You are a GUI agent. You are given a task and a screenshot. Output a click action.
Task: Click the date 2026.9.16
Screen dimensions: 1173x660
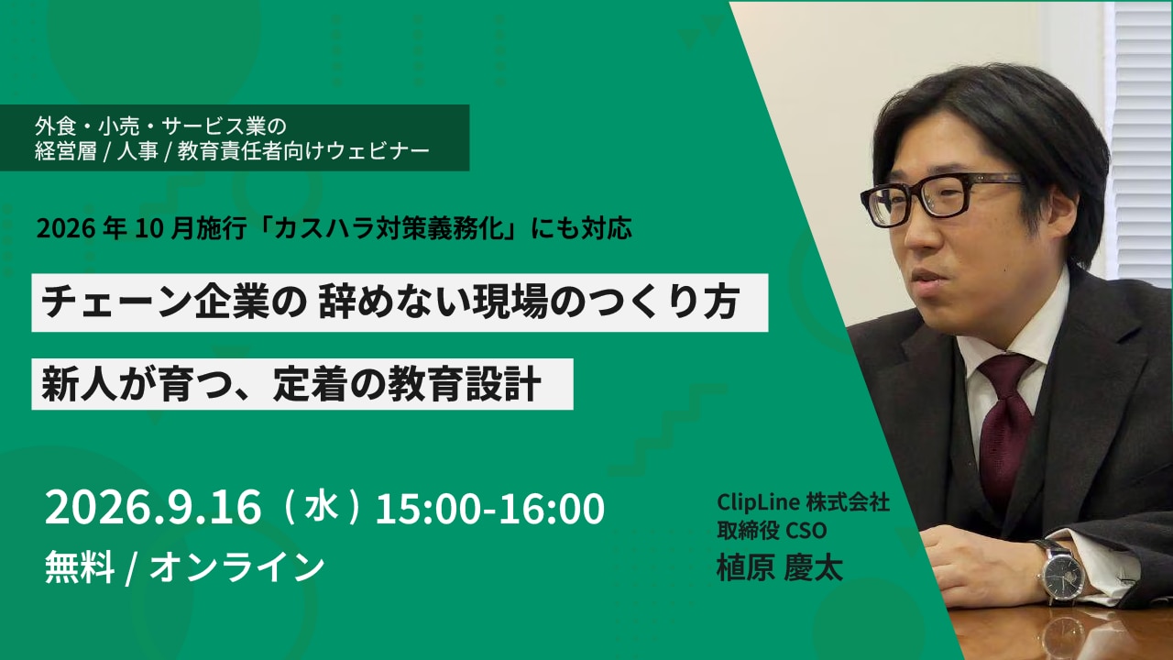click(x=153, y=507)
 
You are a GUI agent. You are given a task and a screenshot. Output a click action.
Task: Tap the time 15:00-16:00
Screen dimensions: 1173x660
click(x=490, y=508)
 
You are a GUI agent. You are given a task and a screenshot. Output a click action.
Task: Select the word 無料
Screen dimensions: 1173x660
click(x=80, y=567)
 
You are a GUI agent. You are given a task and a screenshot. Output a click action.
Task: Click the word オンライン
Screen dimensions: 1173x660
click(x=237, y=567)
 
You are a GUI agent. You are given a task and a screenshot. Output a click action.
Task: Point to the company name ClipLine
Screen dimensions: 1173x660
click(x=757, y=502)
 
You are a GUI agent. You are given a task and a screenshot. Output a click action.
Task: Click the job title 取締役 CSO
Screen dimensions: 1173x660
click(x=772, y=531)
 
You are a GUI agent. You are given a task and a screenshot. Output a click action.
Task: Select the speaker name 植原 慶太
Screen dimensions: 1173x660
click(x=779, y=567)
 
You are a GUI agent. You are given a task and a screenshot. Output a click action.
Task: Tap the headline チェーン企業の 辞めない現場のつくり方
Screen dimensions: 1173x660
click(x=390, y=302)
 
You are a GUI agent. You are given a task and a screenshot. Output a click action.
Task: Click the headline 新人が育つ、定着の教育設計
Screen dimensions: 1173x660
click(x=291, y=384)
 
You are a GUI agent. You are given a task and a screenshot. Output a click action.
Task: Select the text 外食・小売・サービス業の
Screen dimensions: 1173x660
click(x=160, y=126)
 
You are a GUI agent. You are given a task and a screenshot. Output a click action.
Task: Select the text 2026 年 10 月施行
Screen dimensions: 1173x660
click(x=141, y=229)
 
